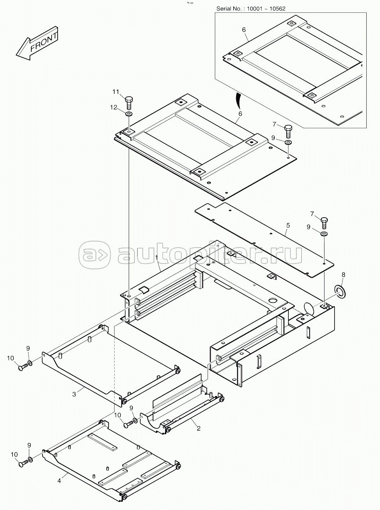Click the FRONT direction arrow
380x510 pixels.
coord(37,44)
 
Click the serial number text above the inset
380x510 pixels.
coord(251,9)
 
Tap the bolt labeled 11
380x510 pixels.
coord(128,103)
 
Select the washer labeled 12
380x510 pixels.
coord(129,114)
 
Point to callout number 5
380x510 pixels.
coord(288,225)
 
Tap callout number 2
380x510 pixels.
coord(198,428)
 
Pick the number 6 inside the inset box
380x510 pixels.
coord(244,30)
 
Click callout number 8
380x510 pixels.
coord(344,275)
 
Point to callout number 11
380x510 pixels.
coord(116,92)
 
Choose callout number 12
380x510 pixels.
coord(114,107)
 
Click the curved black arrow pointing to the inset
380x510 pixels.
coord(238,100)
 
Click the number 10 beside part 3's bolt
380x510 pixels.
coord(11,358)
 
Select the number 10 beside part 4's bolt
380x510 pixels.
coord(14,454)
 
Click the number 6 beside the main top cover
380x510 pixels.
coord(240,114)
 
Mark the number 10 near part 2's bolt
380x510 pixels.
coord(118,415)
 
